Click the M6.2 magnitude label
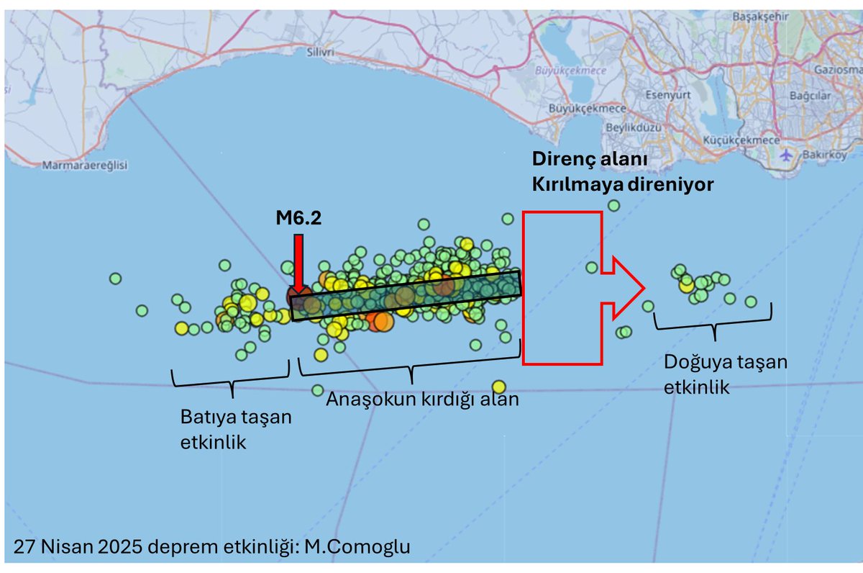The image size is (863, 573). pos(298,218)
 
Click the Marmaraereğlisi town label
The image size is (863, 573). pos(84,165)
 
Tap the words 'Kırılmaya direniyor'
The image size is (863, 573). pos(622,184)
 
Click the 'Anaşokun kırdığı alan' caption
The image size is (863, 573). pos(422,399)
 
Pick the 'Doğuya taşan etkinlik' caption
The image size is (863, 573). pos(725,374)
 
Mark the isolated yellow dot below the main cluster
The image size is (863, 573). pos(499,387)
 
